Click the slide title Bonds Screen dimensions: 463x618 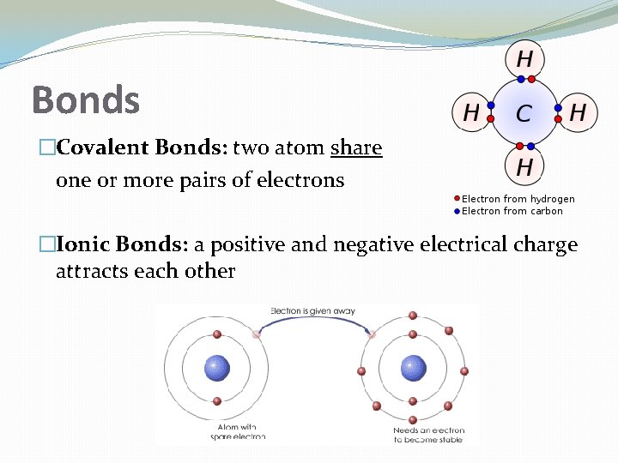click(85, 99)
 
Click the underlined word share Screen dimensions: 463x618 click(355, 148)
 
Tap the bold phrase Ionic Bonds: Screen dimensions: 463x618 click(122, 245)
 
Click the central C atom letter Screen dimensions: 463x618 click(523, 112)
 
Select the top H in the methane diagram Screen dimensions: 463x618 click(524, 59)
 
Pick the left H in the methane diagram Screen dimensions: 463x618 click(471, 112)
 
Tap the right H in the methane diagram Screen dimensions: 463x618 click(578, 112)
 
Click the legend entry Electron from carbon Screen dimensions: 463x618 click(512, 211)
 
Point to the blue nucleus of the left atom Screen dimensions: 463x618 click(216, 369)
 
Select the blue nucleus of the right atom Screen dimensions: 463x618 click(414, 369)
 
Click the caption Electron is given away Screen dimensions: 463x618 click(312, 310)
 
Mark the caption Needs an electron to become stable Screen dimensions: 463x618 click(428, 435)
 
